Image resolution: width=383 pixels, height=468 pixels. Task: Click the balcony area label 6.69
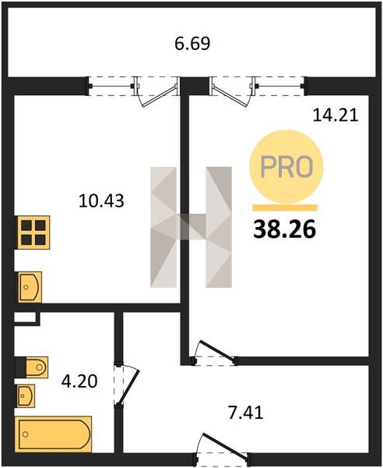(192, 43)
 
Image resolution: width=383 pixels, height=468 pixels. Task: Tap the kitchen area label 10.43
(101, 200)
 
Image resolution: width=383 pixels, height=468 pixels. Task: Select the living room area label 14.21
(336, 115)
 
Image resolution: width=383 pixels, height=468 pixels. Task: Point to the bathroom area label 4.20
(79, 381)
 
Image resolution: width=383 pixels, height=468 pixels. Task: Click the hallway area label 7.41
(246, 413)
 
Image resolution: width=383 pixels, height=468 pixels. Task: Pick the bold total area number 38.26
(284, 229)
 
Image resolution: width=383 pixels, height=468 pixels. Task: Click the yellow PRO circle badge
(286, 167)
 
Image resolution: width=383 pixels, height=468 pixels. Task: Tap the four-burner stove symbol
(33, 232)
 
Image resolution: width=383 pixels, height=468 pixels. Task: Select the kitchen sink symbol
(30, 287)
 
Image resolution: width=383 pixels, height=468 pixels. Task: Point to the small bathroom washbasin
(26, 395)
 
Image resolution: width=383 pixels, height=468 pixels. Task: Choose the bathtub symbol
(54, 434)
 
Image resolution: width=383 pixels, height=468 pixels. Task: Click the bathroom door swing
(127, 385)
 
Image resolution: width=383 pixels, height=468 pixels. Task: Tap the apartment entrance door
(222, 448)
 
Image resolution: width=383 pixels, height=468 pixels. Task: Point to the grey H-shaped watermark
(191, 227)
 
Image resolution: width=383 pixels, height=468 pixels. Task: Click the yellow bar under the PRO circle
(285, 208)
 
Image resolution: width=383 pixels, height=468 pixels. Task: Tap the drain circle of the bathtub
(26, 434)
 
